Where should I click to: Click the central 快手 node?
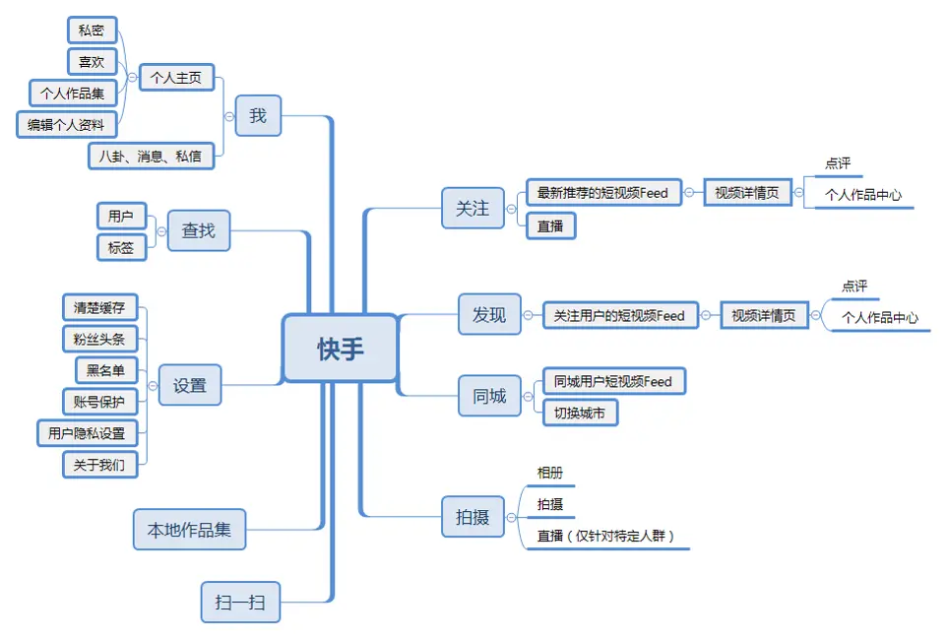[x=340, y=349]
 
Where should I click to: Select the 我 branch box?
[x=257, y=116]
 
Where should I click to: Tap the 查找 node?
[x=198, y=231]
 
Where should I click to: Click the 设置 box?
[x=190, y=385]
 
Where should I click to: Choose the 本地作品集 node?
[x=189, y=529]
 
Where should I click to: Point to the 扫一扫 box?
[x=240, y=602]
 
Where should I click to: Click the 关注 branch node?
[x=473, y=209]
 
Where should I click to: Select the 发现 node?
[x=489, y=314]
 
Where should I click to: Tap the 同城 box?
[x=489, y=396]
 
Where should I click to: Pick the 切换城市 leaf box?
[x=580, y=412]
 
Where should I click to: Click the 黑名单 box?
[x=105, y=369]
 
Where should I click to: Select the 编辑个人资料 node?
[x=67, y=124]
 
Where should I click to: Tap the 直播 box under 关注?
[x=550, y=225]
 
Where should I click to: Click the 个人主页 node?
[x=176, y=77]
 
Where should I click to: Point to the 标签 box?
[x=121, y=247]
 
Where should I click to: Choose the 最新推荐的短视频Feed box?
[x=602, y=193]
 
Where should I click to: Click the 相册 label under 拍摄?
[x=549, y=474]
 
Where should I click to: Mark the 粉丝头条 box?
[x=98, y=339]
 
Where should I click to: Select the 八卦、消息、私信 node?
[x=151, y=156]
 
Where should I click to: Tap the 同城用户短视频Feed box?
[x=612, y=381]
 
